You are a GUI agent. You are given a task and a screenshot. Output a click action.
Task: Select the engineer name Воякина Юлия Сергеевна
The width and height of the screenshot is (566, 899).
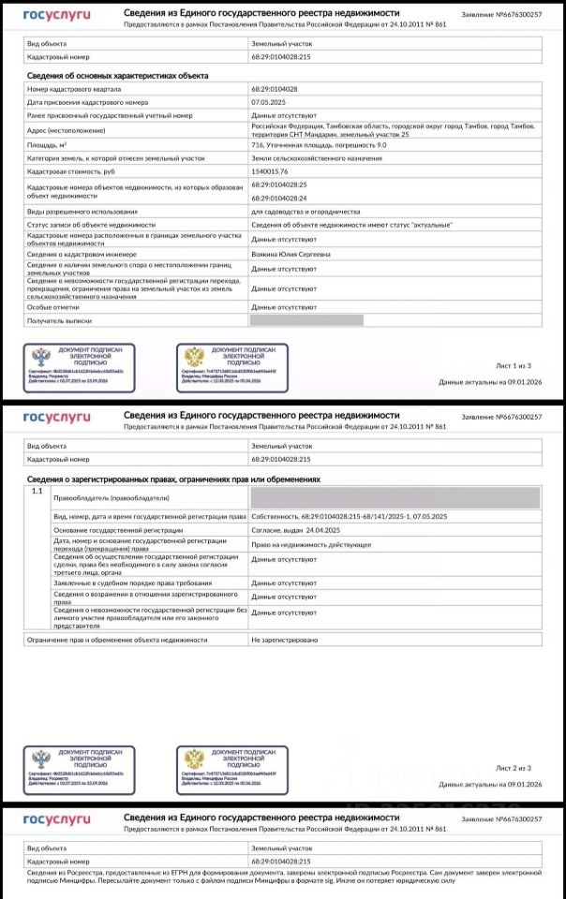[290, 253]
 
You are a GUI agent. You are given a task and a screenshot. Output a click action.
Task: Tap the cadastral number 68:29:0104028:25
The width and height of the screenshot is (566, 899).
[280, 184]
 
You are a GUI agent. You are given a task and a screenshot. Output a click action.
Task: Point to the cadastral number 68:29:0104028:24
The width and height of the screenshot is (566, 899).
[280, 198]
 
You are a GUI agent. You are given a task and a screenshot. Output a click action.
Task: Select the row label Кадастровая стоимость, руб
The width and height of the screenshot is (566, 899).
[70, 172]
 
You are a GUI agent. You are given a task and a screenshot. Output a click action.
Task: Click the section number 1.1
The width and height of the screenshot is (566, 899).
[37, 491]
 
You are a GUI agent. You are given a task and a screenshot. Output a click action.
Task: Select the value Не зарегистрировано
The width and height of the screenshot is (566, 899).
[285, 639]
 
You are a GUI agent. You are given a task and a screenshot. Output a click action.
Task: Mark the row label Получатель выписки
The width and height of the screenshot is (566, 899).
[59, 320]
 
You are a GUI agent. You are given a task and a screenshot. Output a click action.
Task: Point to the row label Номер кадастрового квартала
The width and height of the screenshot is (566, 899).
[73, 88]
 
